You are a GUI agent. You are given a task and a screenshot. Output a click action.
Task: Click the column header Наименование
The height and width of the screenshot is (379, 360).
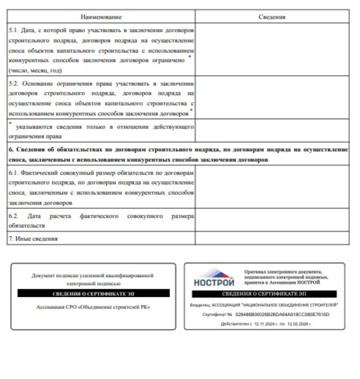pyautogui.click(x=101, y=17)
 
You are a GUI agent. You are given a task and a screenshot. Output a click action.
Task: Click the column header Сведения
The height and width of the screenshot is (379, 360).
pyautogui.click(x=272, y=17)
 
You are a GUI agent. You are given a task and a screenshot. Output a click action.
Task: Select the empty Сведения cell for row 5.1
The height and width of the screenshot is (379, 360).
pyautogui.click(x=272, y=49)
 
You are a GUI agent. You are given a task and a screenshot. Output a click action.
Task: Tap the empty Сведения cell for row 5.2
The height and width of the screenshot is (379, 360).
pyautogui.click(x=272, y=97)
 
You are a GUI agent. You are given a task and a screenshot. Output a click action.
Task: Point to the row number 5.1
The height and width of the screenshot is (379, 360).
pyautogui.click(x=13, y=30)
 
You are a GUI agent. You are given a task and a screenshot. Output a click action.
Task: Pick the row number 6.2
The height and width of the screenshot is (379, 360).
pyautogui.click(x=13, y=216)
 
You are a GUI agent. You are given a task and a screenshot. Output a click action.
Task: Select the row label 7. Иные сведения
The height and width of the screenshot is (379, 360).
pyautogui.click(x=33, y=238)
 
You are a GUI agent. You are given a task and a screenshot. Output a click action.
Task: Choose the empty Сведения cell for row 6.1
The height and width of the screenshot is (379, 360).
pyautogui.click(x=272, y=187)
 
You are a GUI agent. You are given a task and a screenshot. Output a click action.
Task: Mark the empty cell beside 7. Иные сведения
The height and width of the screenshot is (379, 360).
pyautogui.click(x=272, y=238)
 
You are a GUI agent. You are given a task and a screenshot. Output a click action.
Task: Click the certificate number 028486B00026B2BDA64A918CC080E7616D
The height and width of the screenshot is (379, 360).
pyautogui.click(x=282, y=315)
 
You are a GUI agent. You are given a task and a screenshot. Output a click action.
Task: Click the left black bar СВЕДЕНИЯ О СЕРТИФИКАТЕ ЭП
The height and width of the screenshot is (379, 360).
pyautogui.click(x=94, y=293)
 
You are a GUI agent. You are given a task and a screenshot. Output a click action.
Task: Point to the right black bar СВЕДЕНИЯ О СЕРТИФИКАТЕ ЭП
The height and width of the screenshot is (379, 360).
pyautogui.click(x=264, y=294)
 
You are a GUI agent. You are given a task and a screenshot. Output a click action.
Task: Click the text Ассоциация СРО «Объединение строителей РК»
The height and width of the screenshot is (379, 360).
pyautogui.click(x=93, y=307)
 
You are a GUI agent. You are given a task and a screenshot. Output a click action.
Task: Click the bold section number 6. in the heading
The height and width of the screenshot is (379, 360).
pyautogui.click(x=11, y=150)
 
